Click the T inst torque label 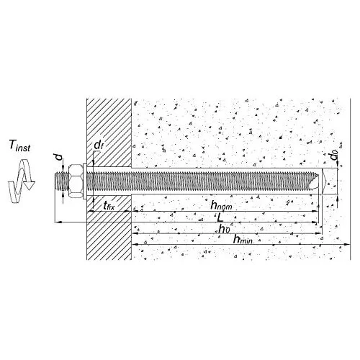19,145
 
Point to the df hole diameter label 99,145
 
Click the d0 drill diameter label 334,156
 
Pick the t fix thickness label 109,205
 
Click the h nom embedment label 221,205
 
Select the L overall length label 220,218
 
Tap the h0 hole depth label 224,229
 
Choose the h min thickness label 243,239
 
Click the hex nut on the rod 76,181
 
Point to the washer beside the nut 85,181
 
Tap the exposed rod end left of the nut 62,181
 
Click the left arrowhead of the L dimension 58,222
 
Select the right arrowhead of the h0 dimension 318,233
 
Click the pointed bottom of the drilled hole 325,181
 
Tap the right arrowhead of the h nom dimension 315,211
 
